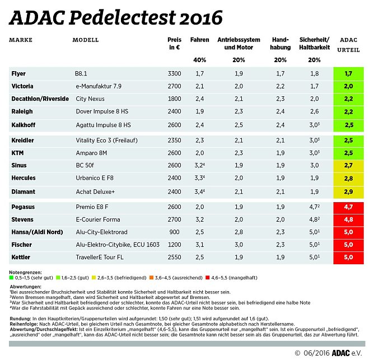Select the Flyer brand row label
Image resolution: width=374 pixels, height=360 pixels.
[18, 73]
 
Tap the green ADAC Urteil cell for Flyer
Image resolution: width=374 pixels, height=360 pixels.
[348, 73]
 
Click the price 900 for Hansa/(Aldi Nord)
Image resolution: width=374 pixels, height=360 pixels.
[175, 232]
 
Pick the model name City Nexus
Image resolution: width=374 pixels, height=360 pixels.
[91, 99]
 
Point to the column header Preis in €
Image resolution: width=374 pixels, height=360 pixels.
[175, 44]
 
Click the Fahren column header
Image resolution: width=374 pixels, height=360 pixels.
[199, 40]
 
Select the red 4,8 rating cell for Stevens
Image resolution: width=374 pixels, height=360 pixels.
[348, 219]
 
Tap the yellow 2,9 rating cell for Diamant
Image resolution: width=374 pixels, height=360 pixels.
[348, 192]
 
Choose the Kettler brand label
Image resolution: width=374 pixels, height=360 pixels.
[20, 257]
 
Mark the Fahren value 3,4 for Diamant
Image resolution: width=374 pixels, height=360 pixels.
[199, 192]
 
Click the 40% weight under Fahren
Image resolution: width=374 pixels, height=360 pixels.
[199, 60]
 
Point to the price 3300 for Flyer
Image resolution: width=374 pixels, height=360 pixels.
[175, 73]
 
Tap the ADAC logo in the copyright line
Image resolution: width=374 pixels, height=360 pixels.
[342, 353]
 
